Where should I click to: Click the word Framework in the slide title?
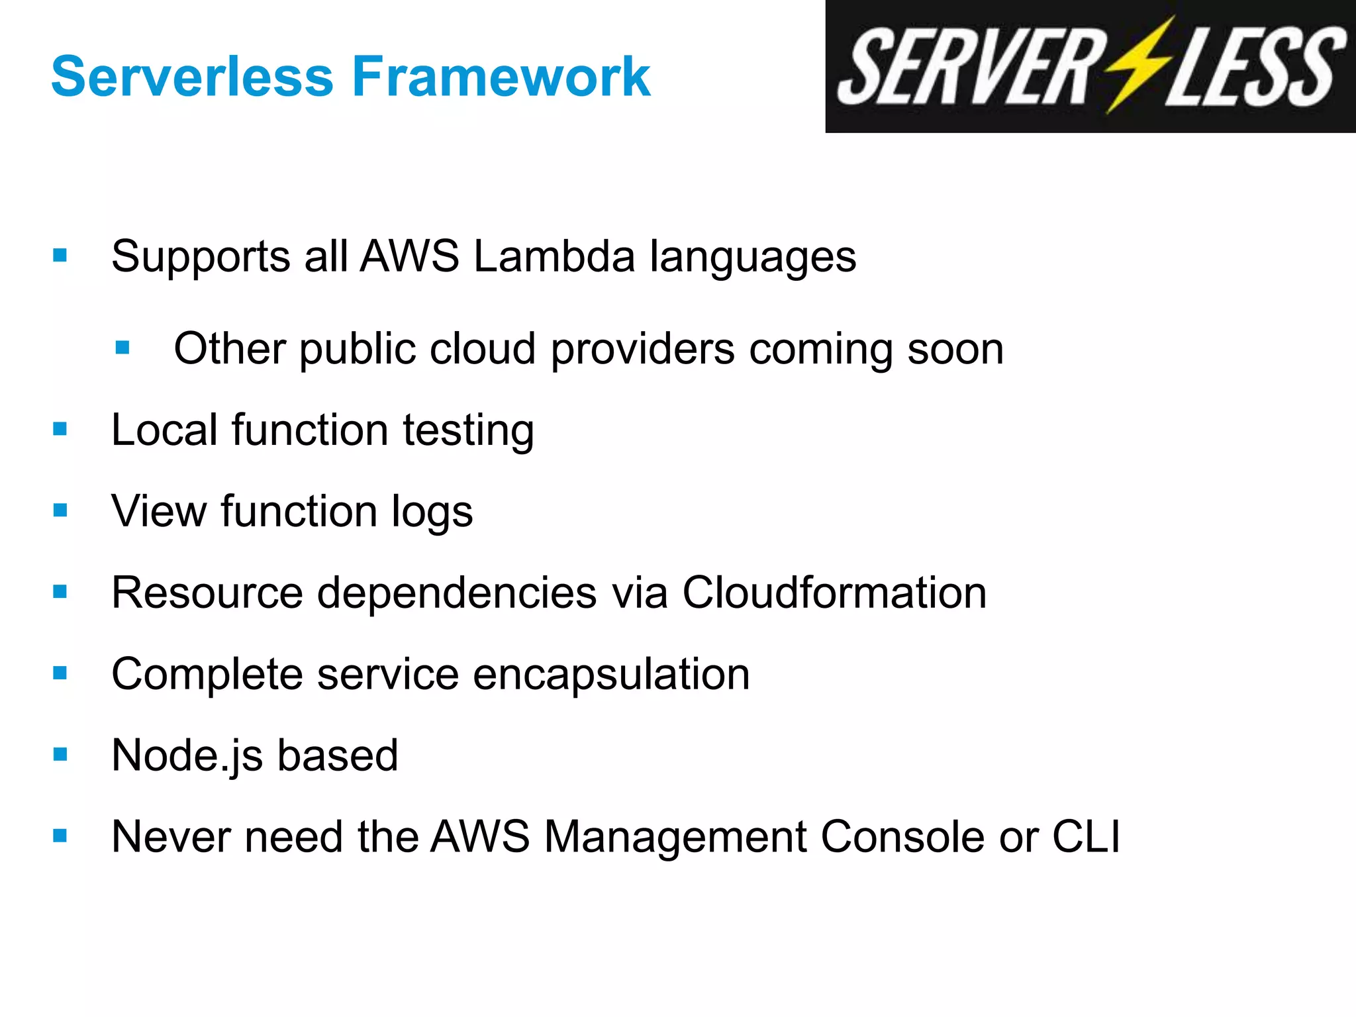[501, 77]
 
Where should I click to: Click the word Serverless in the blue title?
[192, 77]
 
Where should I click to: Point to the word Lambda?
[554, 257]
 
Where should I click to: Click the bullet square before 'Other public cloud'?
[122, 348]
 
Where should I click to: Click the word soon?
[955, 350]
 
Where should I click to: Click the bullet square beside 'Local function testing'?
[60, 429]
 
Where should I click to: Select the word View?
[159, 511]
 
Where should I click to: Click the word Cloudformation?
[834, 593]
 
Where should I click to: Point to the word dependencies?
[457, 594]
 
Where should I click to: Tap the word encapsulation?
[611, 675]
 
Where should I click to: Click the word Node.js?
[187, 756]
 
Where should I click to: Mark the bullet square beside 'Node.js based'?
[60, 754]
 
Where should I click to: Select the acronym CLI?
[1086, 837]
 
